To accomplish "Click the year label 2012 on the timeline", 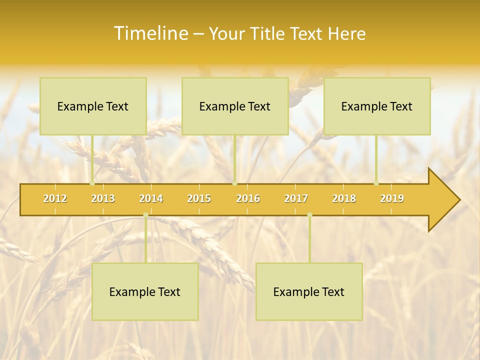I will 55,198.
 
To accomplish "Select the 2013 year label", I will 103,198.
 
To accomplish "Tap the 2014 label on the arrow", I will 151,198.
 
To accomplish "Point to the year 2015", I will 199,198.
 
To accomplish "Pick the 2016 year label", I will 248,198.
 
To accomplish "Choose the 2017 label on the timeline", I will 296,198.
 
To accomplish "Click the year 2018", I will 344,198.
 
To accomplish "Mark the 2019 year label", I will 392,198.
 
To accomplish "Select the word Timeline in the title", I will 150,33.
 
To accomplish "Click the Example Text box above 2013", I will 93,106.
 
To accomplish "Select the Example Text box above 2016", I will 235,106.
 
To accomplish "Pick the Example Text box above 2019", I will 377,106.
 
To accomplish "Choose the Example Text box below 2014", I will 145,291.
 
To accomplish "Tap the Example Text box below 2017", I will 309,291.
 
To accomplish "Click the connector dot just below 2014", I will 145,215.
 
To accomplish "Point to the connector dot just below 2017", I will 309,215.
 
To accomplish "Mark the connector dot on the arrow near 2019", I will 376,183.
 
